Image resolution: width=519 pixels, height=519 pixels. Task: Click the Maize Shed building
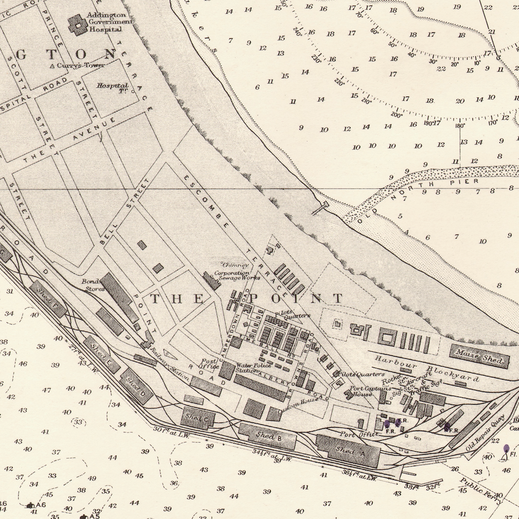479,356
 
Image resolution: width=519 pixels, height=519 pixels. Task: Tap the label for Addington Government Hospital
109,22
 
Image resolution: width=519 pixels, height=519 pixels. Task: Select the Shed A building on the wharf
348,450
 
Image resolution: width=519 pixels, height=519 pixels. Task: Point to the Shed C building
198,418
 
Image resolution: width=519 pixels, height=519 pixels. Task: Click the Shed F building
48,299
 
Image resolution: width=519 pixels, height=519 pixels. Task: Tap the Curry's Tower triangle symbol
52,66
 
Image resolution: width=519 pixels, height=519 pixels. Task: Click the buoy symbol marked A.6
30,505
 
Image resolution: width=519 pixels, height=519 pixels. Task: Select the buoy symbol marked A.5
83,516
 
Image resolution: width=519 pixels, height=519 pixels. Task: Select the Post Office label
209,363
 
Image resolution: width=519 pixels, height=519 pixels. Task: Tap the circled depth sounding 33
78,422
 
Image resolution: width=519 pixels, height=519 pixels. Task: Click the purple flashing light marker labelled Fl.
506,449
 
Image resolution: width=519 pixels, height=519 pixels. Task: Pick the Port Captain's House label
362,391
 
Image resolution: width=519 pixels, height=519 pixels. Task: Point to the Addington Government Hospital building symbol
78,24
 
